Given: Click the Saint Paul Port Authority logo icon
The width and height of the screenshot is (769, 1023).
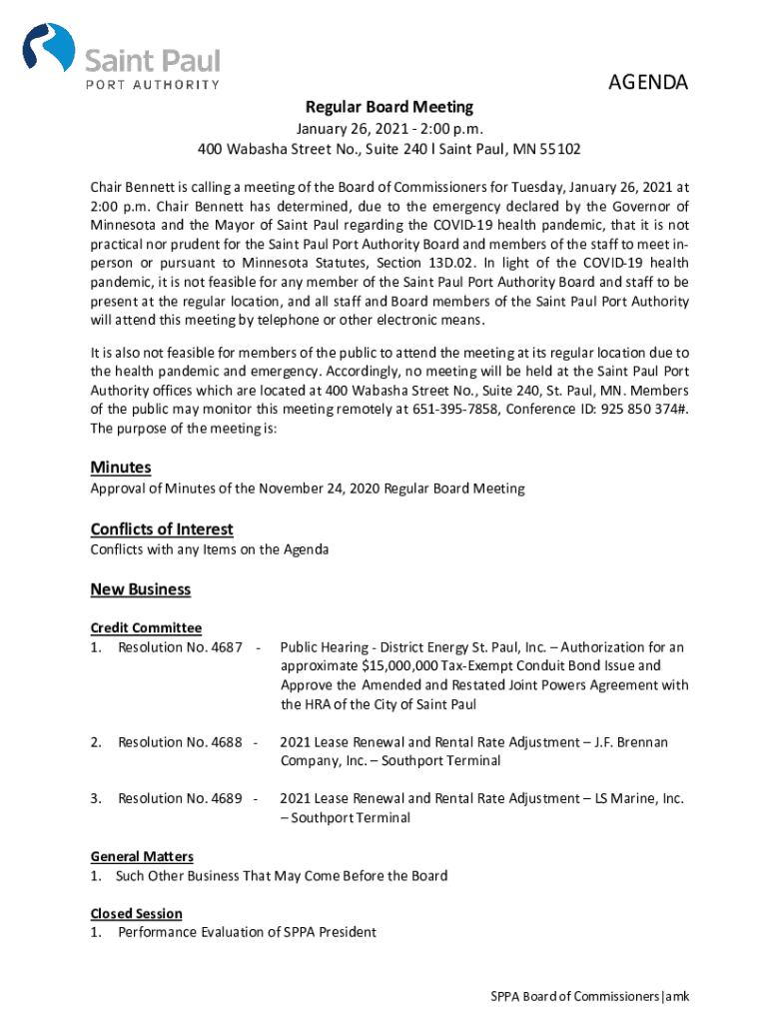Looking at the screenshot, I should coord(49,49).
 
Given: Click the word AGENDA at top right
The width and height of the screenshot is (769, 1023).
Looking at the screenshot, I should coord(648,84).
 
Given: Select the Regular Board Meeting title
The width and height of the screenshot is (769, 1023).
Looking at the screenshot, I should coord(389,107).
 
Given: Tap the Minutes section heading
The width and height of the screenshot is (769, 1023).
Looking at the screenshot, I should coord(121,468).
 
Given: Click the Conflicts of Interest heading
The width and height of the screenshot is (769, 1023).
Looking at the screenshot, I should coord(161,528).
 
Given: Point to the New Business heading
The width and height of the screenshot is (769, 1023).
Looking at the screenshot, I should coord(140,589).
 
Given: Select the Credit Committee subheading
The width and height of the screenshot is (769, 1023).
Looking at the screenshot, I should coord(146,628).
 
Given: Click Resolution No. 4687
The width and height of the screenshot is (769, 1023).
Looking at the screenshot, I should coord(180,647).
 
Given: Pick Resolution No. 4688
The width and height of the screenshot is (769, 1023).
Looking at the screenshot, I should coord(180,742).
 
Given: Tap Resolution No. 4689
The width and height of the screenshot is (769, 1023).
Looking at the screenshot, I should coord(180,798).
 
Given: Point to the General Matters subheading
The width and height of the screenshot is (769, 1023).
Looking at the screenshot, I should coord(142,857).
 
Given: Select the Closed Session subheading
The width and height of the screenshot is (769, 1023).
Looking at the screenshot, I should coord(136,914).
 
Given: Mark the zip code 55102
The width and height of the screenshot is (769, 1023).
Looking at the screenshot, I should coord(559,150).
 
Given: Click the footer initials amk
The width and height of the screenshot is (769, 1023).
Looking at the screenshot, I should coord(678,997).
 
